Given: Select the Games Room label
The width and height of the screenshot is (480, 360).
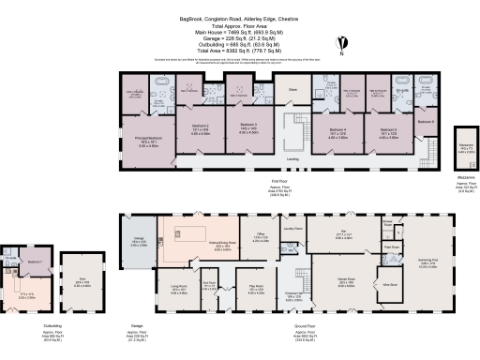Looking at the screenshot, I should (351, 281).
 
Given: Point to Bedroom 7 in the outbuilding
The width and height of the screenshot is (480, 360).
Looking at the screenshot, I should (33, 262).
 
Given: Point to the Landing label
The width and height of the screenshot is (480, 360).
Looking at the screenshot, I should (292, 160).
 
